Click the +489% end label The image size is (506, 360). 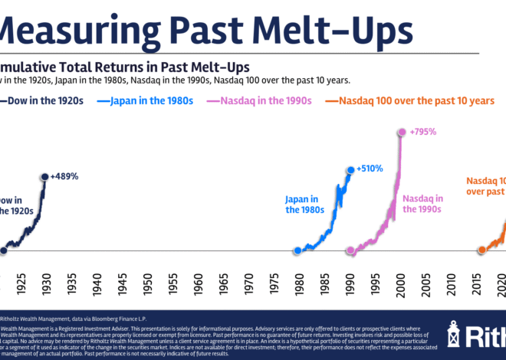[x=64, y=175]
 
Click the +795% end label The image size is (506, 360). [x=422, y=131]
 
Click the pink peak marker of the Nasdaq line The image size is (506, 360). [x=400, y=132]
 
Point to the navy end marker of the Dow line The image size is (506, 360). [x=45, y=176]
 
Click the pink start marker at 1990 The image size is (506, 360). [x=350, y=250]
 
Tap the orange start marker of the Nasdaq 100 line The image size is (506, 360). [x=481, y=250]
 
